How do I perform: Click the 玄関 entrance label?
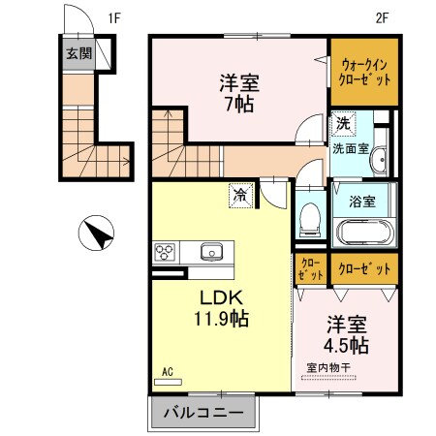coord(79,54)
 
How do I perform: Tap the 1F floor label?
coord(114,17)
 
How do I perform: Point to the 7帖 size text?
coord(236,103)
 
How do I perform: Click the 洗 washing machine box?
coord(342,123)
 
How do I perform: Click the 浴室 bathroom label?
coord(362,202)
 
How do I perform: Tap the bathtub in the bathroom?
coord(363,234)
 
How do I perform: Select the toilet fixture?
coord(309,218)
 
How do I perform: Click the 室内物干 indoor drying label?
coord(330,367)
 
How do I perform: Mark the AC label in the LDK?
coord(168,371)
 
